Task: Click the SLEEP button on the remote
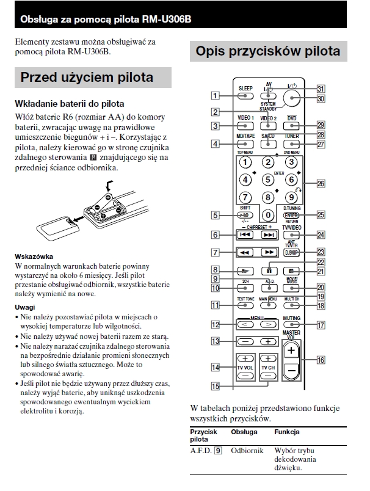tap(245, 96)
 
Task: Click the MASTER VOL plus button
tap(292, 351)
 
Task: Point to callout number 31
tap(320, 88)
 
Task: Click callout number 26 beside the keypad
tap(320, 183)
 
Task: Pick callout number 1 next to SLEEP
tap(215, 95)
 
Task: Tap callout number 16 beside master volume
tap(320, 360)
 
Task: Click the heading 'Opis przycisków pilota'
tap(267, 51)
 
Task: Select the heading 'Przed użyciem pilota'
tap(86, 78)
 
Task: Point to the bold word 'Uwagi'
tap(25, 307)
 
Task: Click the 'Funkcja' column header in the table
tap(286, 432)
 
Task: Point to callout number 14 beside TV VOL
tap(215, 367)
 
